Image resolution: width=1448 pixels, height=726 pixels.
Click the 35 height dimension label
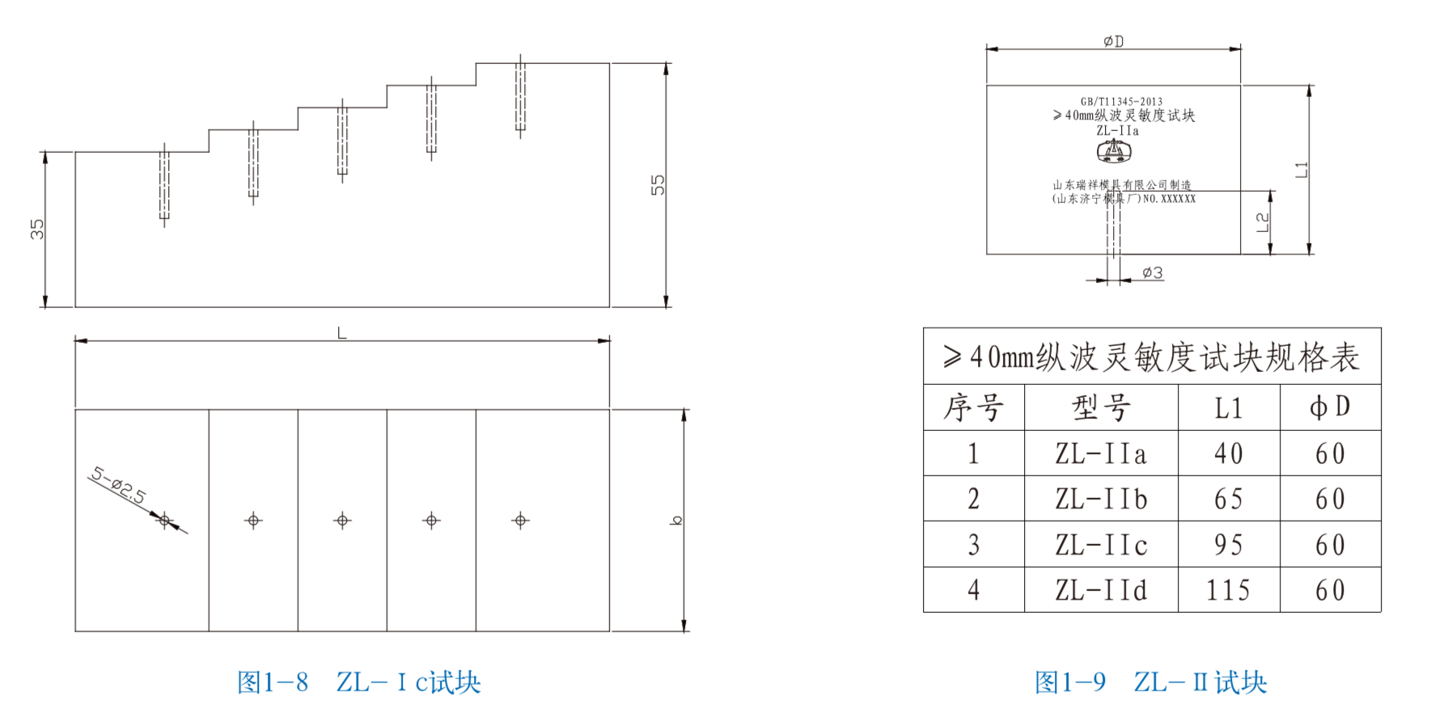[37, 229]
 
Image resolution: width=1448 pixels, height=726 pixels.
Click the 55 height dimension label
[658, 185]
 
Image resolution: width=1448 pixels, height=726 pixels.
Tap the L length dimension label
[341, 333]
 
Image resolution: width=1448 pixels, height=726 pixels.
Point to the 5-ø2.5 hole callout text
[118, 486]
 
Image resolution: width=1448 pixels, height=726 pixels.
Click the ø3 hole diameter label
[1153, 273]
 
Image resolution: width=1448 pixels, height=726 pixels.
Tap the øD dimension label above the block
[1113, 41]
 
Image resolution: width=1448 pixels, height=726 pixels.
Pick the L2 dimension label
[1263, 222]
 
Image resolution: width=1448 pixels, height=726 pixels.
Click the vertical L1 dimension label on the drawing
[1301, 170]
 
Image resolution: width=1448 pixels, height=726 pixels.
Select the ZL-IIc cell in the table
[1101, 545]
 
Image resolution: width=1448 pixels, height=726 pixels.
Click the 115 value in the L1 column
[1228, 590]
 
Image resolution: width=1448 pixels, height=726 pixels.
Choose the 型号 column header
[1101, 407]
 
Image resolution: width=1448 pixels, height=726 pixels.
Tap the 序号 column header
[973, 407]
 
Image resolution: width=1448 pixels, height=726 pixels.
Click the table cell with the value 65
[1228, 499]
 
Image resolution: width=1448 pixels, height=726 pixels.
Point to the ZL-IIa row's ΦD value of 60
[1330, 454]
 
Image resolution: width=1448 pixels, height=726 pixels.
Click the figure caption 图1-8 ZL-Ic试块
[358, 682]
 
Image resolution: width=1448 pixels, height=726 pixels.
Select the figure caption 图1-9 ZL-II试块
[1150, 682]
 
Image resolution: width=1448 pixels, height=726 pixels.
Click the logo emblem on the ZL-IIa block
[1114, 151]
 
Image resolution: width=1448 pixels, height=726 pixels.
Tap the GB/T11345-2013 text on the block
[1121, 102]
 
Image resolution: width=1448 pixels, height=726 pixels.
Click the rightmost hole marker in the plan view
[520, 521]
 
